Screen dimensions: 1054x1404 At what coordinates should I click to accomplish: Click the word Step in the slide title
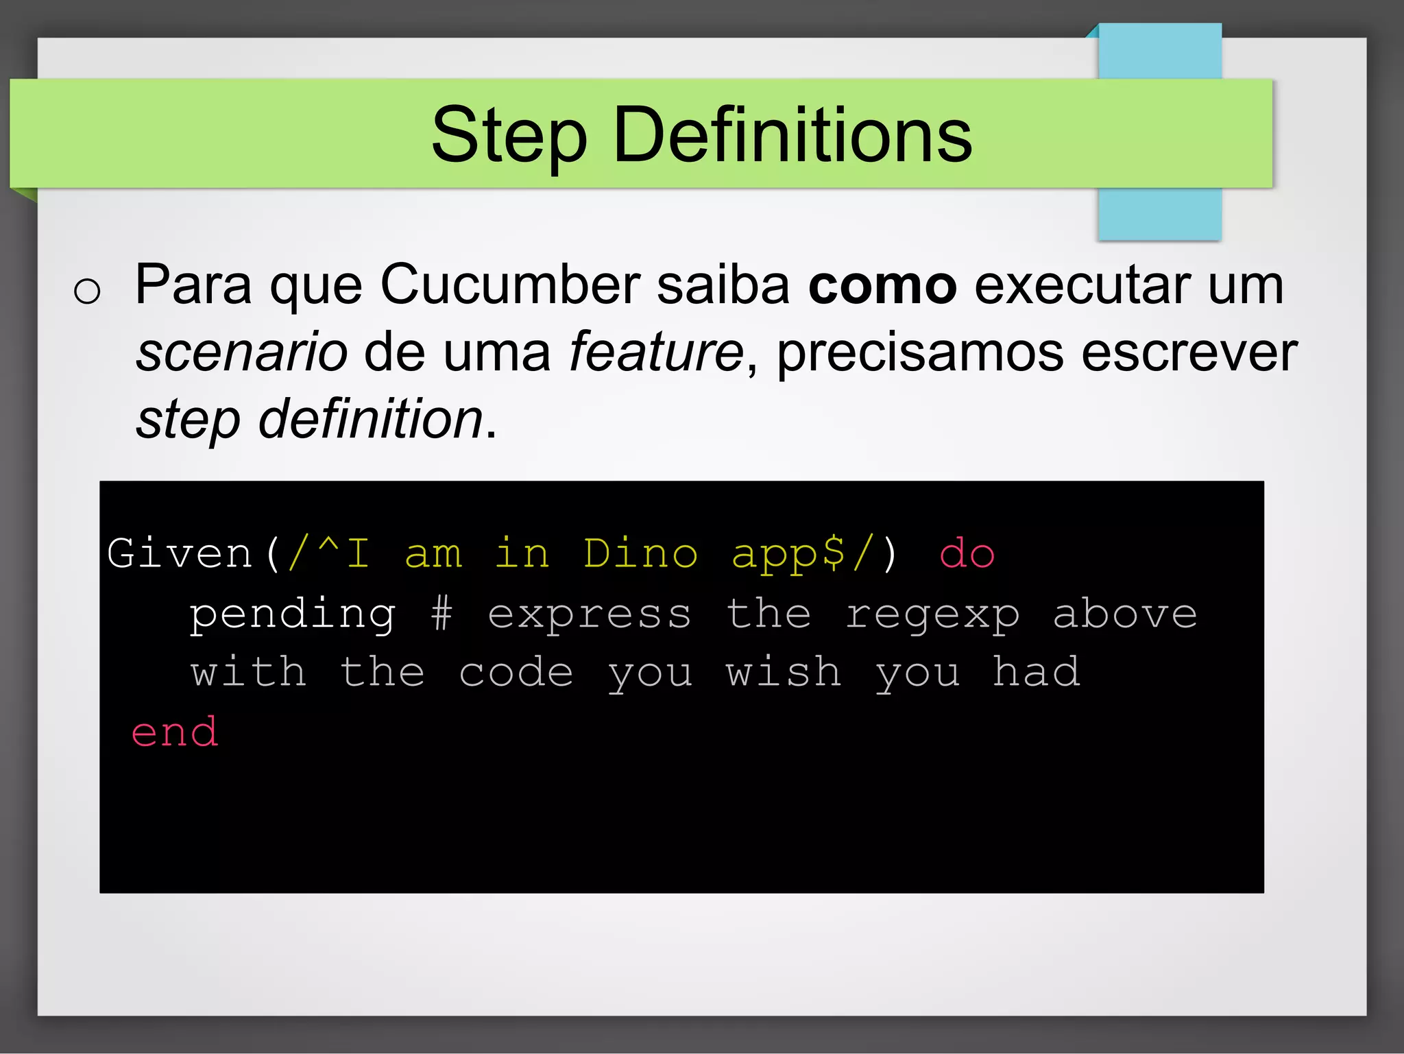pos(509,136)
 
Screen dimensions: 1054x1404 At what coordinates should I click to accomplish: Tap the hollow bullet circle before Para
pos(87,291)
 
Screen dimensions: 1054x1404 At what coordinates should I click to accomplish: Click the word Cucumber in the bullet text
pos(510,284)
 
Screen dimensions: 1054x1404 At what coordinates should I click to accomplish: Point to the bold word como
pos(882,285)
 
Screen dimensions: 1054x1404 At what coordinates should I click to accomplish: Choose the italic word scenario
pos(241,352)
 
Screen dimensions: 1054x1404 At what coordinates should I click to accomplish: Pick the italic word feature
pos(656,351)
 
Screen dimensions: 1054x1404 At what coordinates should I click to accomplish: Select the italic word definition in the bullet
pos(371,418)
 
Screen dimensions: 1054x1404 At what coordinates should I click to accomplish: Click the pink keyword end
pos(175,732)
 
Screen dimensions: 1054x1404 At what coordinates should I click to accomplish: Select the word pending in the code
pos(293,614)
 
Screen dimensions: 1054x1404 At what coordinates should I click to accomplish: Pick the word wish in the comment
pos(784,671)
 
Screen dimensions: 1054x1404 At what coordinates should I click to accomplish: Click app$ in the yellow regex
pos(788,554)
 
